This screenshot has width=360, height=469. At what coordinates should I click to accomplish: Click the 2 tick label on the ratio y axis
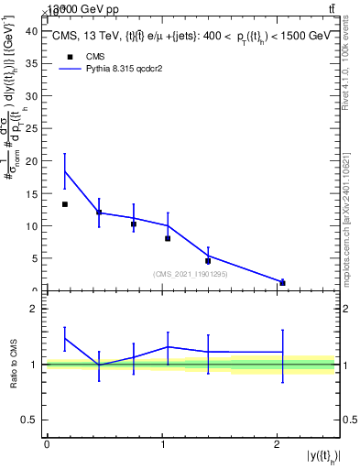[x=35, y=310]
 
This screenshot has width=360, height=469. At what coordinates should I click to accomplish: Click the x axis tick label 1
[x=162, y=443]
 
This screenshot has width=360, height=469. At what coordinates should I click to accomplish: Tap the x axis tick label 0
[x=47, y=443]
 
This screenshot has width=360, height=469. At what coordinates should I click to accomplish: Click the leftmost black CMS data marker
[x=65, y=204]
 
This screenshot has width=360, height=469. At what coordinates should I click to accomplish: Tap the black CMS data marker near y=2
[x=282, y=283]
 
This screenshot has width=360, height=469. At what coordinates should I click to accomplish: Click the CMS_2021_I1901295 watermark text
[x=191, y=274]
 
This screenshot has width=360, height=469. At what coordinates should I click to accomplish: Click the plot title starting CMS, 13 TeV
[x=192, y=37]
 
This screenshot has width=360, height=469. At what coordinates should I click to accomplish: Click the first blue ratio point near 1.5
[x=65, y=338]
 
